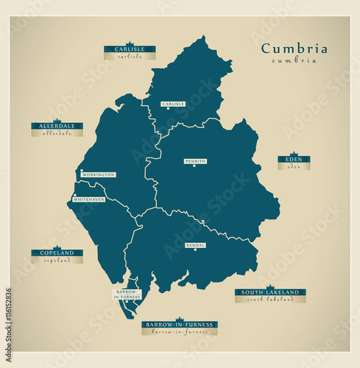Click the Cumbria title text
point(294,49)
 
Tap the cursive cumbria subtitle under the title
point(294,60)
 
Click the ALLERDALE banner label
point(57,126)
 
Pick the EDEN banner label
point(294,159)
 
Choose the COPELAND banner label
point(57,253)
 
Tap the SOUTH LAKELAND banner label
point(270,292)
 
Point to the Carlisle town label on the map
point(173,104)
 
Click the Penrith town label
point(196,160)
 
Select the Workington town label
point(98,174)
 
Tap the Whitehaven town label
point(88,199)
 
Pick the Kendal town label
point(196,244)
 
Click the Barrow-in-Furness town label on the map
point(127,294)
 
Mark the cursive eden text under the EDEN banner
point(294,167)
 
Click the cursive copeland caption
point(57,261)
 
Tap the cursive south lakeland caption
point(270,300)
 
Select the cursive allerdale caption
point(57,134)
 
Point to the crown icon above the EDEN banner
point(294,153)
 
